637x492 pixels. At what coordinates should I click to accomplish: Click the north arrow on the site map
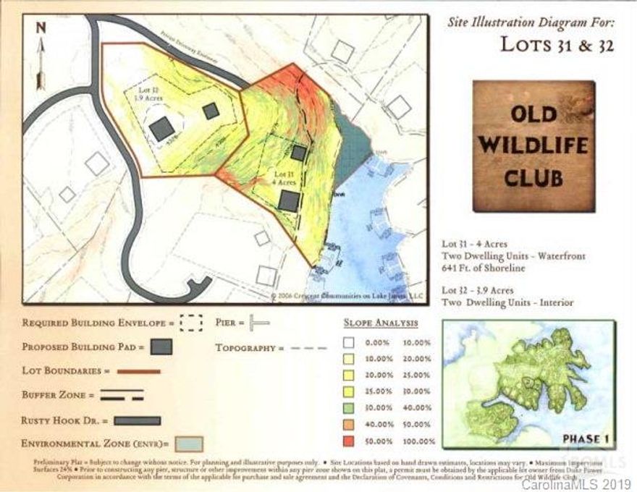41,54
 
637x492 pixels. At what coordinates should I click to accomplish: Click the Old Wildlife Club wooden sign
533,145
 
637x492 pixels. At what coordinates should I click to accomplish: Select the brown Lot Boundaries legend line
138,371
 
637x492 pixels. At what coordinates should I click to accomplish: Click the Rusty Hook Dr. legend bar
137,420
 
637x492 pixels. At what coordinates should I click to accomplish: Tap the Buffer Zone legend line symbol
122,396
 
